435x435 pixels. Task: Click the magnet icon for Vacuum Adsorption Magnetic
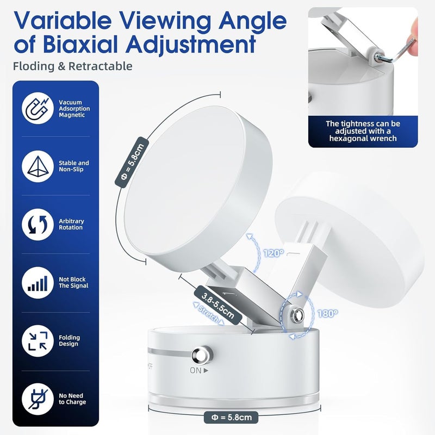[x=38, y=108]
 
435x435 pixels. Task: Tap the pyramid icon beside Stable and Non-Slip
[x=38, y=166]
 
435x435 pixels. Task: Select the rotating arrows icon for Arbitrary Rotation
[x=38, y=225]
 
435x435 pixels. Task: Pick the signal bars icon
[x=38, y=283]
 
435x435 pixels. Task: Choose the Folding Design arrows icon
[x=38, y=341]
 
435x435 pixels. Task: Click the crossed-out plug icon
[x=38, y=399]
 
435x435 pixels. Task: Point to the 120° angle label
[x=274, y=253]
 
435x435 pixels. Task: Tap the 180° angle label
[x=328, y=314]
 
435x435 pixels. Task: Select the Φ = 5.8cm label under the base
[x=231, y=417]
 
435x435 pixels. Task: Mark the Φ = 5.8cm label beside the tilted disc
[x=132, y=162]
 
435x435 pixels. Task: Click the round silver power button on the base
[x=202, y=355]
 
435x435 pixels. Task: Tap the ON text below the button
[x=196, y=370]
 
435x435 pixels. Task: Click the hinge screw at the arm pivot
[x=297, y=315]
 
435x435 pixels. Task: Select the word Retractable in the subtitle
[x=101, y=66]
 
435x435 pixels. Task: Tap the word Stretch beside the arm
[x=209, y=313]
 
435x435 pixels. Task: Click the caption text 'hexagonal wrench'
[x=363, y=139]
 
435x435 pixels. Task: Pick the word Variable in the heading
[x=63, y=21]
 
